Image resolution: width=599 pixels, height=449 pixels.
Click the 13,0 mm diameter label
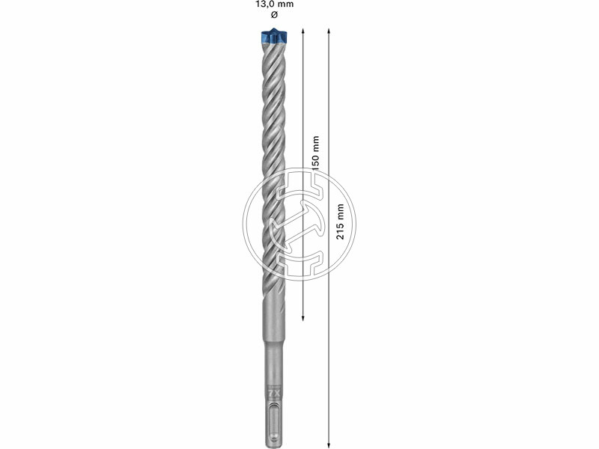[274, 4]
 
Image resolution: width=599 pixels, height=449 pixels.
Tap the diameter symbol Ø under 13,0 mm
[274, 15]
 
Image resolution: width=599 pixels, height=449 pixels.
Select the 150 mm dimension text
[315, 153]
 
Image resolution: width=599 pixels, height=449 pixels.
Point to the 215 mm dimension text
[340, 222]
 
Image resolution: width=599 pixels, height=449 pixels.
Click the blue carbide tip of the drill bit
[274, 36]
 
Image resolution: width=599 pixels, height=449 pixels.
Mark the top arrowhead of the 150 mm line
[303, 30]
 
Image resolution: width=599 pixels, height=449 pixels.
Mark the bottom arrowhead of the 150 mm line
[303, 318]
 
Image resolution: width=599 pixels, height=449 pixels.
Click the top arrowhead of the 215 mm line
[329, 30]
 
